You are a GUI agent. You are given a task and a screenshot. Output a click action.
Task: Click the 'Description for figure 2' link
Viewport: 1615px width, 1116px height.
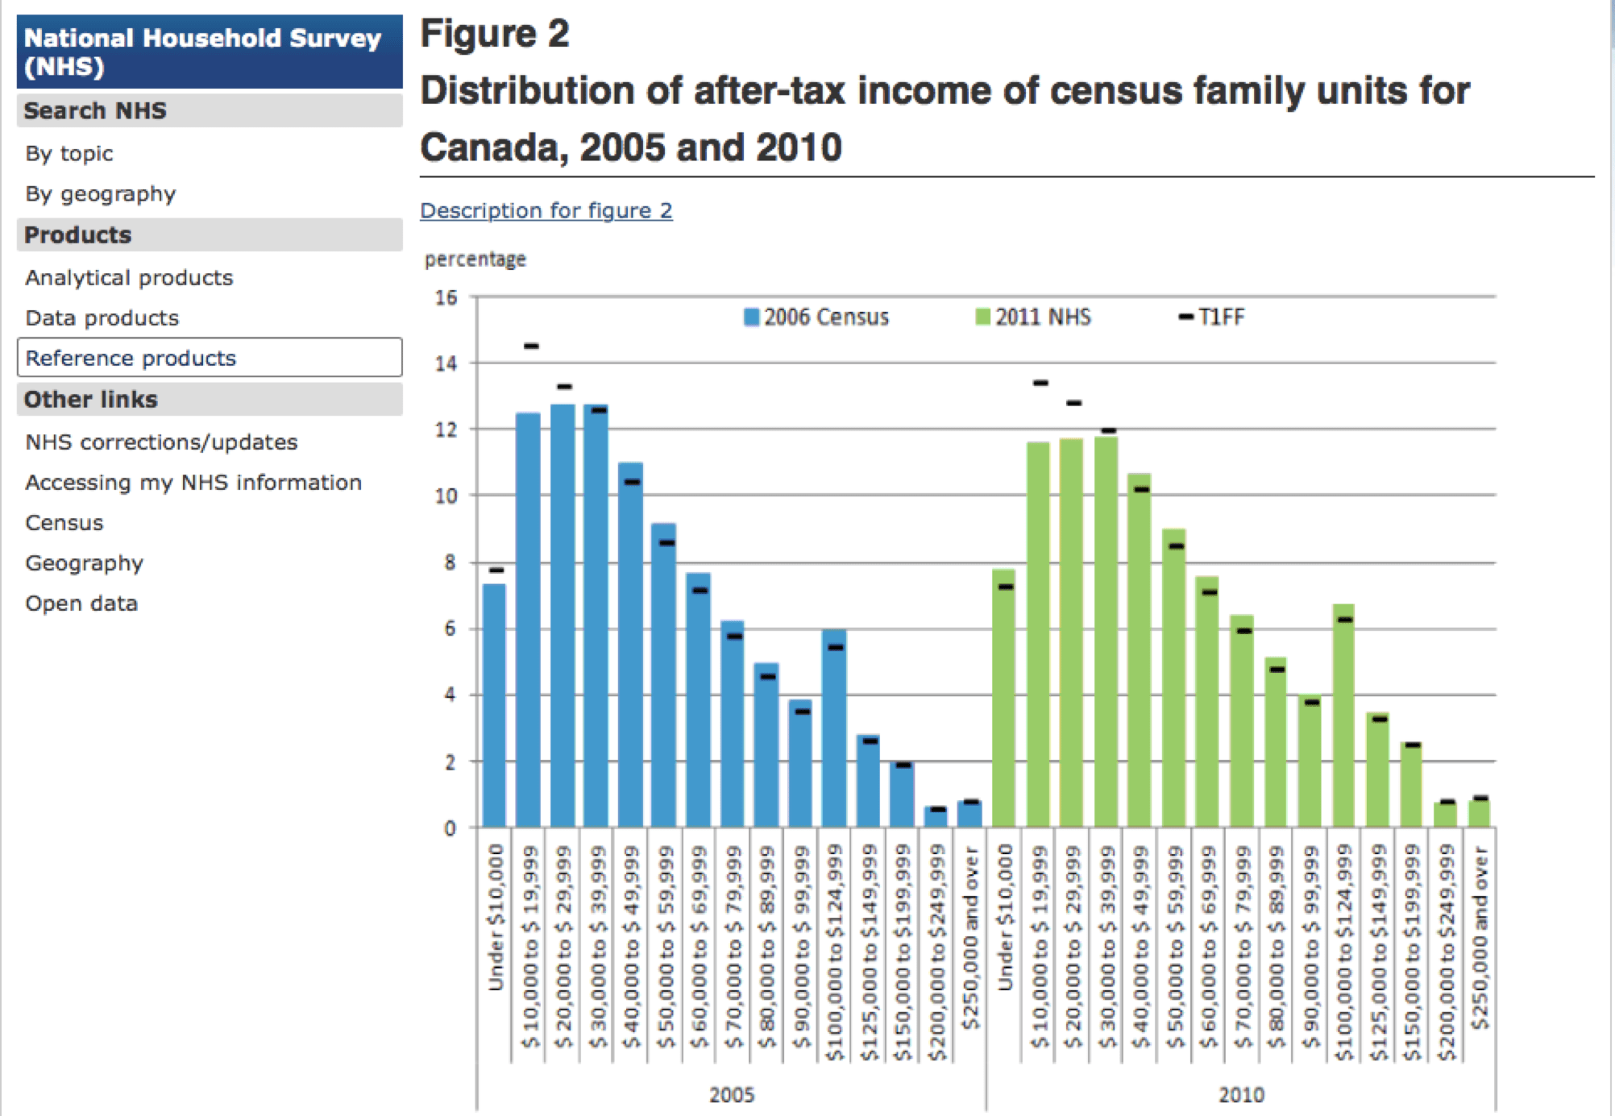pyautogui.click(x=546, y=210)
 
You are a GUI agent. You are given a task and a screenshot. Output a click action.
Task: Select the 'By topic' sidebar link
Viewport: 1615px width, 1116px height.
pyautogui.click(x=69, y=153)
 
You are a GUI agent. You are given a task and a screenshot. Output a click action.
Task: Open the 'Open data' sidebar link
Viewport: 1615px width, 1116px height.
pyautogui.click(x=81, y=604)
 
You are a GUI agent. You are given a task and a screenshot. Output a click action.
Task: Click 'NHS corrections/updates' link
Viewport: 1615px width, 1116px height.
pyautogui.click(x=161, y=442)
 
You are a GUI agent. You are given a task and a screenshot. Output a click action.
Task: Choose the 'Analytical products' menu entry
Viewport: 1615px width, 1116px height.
pyautogui.click(x=129, y=278)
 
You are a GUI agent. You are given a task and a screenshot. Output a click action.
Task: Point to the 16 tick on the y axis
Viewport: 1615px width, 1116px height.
pyautogui.click(x=446, y=297)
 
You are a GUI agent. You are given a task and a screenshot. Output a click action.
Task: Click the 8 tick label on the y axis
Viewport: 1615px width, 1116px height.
pyautogui.click(x=450, y=562)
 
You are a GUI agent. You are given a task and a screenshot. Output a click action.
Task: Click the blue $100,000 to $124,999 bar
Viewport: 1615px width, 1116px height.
pyautogui.click(x=834, y=729)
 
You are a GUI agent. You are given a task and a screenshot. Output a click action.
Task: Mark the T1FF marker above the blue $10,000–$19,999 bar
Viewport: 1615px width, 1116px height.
pyautogui.click(x=531, y=346)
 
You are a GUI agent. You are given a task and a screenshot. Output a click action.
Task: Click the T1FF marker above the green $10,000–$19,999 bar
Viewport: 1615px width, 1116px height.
pyautogui.click(x=1040, y=383)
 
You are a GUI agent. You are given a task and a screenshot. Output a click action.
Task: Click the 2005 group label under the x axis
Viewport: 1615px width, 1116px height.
pyautogui.click(x=732, y=1094)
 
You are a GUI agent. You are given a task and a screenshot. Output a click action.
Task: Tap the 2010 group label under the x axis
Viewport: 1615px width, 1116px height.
pyautogui.click(x=1241, y=1094)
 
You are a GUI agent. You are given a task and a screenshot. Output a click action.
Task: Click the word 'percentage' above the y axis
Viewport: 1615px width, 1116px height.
pyautogui.click(x=475, y=259)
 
